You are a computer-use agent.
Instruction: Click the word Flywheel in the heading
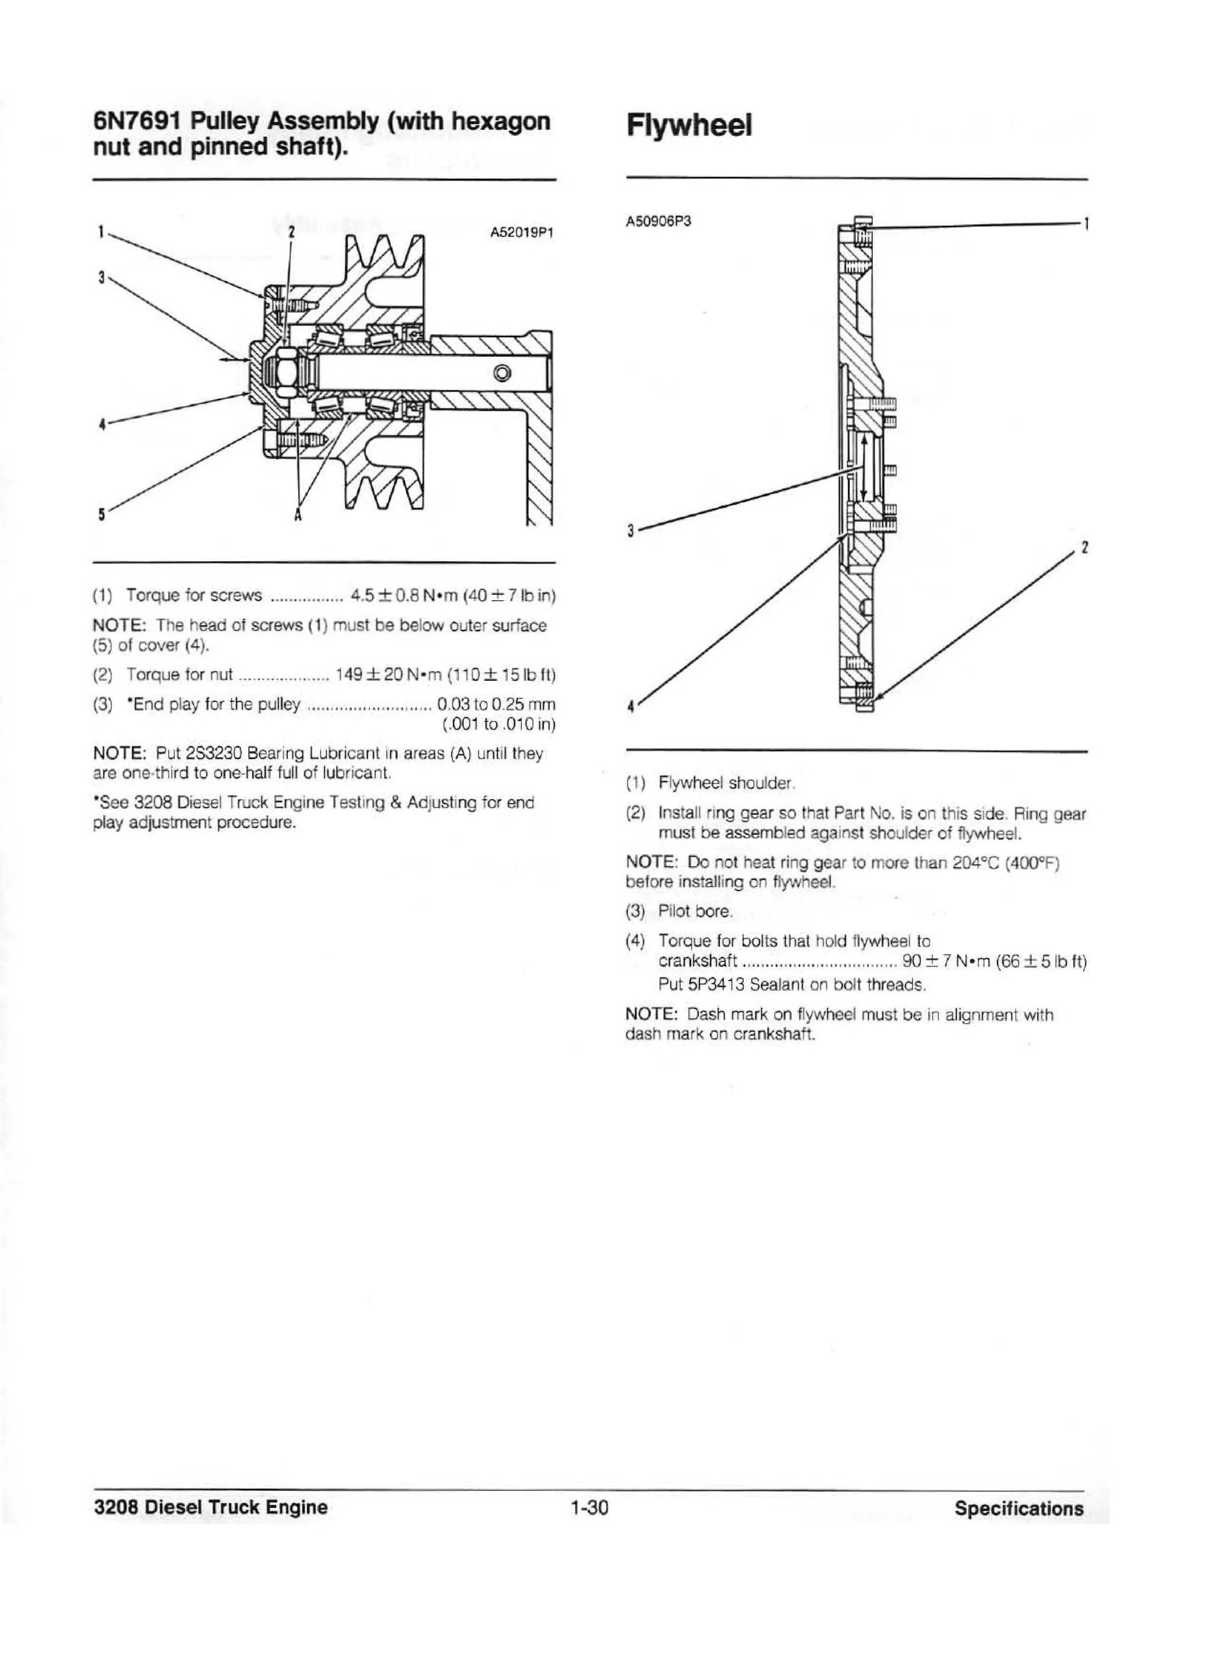[x=689, y=126]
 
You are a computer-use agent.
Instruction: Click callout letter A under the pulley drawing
[x=298, y=515]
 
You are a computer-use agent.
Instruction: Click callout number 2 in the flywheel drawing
[x=1084, y=549]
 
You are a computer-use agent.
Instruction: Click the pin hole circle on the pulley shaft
[x=502, y=373]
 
